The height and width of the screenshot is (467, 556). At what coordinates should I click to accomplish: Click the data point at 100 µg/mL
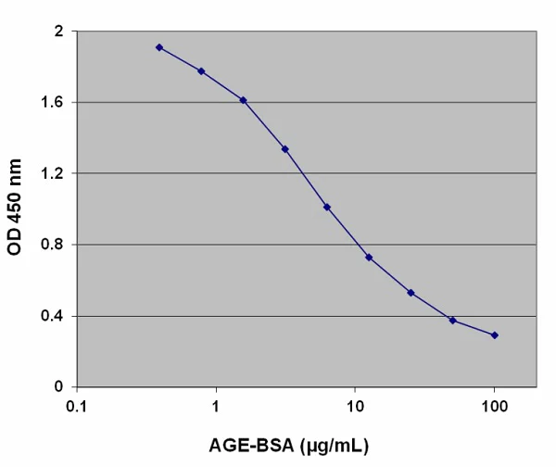[x=495, y=334]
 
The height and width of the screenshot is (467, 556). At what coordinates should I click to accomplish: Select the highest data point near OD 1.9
[x=159, y=47]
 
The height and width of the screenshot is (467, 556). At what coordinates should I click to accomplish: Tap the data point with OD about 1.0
[x=327, y=208]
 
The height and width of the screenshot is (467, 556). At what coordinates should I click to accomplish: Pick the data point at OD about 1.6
[x=243, y=100]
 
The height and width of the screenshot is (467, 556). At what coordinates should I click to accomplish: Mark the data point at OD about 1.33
[x=285, y=149]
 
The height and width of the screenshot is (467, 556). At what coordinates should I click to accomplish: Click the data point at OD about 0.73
[x=369, y=257]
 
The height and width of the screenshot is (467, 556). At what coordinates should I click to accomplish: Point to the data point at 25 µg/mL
[x=411, y=293]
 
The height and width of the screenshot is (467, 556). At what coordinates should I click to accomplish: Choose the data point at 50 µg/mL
[x=453, y=321]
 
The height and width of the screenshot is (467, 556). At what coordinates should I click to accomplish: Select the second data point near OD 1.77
[x=201, y=71]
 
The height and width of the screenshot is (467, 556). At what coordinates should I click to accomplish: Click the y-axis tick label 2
[x=58, y=32]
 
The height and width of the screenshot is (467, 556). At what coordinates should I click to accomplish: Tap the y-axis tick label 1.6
[x=53, y=103]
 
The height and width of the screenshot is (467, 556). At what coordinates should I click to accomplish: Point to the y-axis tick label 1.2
[x=53, y=174]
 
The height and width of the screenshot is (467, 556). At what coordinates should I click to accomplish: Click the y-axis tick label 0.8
[x=53, y=246]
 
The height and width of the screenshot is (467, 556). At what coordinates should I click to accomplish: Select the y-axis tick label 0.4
[x=53, y=317]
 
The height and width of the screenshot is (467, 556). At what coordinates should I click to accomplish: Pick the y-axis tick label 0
[x=58, y=387]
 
